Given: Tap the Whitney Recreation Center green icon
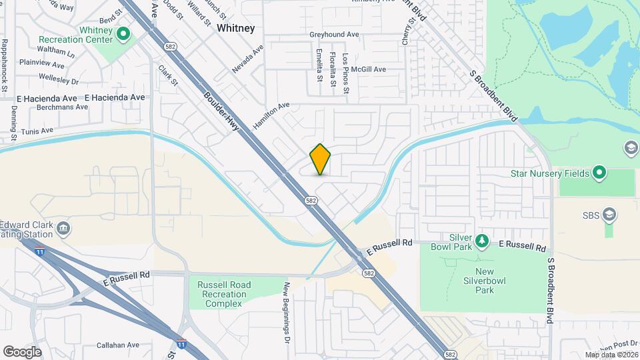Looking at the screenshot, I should point(123,33).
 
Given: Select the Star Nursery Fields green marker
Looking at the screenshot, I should point(599,174).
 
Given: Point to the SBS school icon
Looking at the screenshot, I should point(608,215).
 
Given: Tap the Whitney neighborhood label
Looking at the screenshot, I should point(235,28).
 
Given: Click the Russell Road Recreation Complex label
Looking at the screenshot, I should point(224,295).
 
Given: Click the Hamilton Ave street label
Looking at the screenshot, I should point(271,115).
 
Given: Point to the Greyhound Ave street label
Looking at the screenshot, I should point(334,35).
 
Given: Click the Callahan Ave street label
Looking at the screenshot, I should point(117,345).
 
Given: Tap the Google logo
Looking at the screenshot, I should point(22,351).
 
